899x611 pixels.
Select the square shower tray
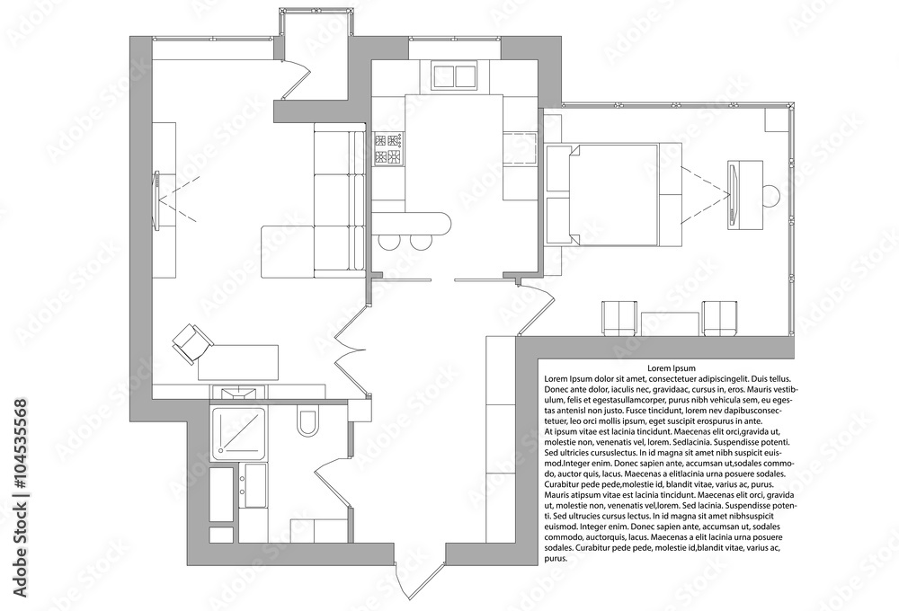click(238, 433)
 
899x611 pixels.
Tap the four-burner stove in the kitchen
click(387, 149)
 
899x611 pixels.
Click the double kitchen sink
click(455, 76)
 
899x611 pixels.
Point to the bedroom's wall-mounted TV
click(732, 195)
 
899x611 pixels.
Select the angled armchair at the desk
click(192, 342)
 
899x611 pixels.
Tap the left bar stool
click(390, 242)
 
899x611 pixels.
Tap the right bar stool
click(420, 242)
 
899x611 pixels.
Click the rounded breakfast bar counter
click(412, 223)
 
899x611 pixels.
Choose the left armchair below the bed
click(619, 318)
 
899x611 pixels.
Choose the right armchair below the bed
click(720, 318)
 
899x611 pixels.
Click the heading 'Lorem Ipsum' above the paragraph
click(672, 368)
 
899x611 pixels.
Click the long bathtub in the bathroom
click(221, 495)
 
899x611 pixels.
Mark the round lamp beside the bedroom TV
click(770, 196)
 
